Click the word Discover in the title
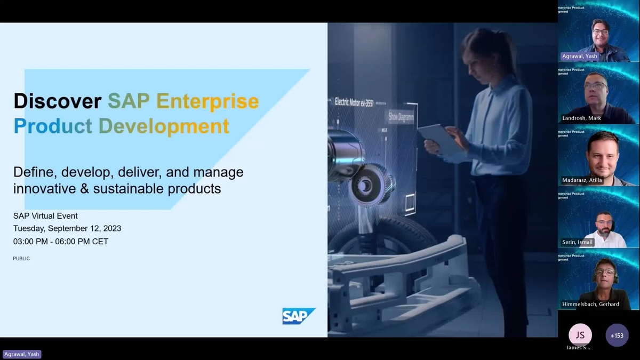[58, 101]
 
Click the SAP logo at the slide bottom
[298, 316]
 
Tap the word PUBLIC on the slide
[21, 259]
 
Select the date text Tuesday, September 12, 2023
[67, 228]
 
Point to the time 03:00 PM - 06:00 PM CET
[61, 241]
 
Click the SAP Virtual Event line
[45, 216]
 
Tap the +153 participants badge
[617, 335]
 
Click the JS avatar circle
[580, 335]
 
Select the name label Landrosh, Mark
[582, 118]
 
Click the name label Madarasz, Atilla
[582, 180]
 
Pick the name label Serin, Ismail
[578, 242]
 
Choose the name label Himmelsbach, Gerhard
[590, 304]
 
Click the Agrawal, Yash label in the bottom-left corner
[22, 354]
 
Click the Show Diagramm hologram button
[401, 116]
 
